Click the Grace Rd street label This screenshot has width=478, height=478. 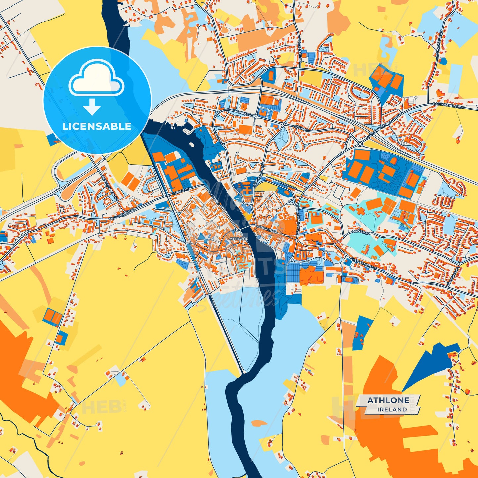coord(182,191)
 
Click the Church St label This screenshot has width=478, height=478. coord(267,230)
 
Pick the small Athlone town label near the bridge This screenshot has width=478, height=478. coord(239,239)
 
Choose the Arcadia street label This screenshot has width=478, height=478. coord(301,128)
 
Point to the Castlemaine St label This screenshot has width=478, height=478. coord(363,263)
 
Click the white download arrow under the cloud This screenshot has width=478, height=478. coord(92,106)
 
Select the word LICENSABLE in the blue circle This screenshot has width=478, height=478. coord(97,126)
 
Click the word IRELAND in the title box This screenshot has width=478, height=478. coord(392,409)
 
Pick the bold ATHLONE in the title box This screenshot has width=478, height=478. coord(388,400)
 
